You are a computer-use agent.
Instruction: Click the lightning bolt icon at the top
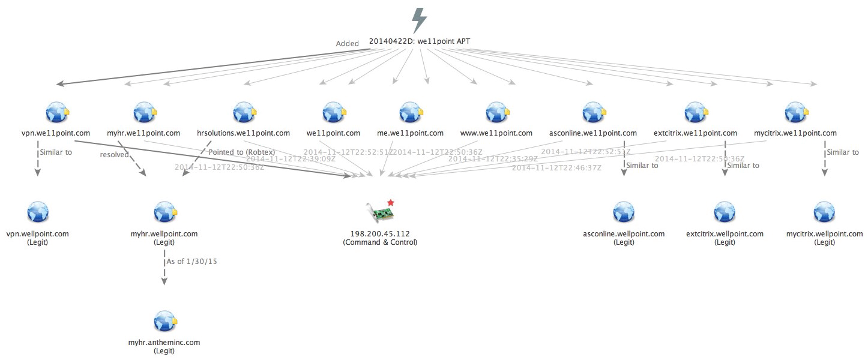pos(419,21)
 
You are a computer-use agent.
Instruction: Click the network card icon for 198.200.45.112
pos(379,213)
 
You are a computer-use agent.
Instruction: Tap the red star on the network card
pos(391,203)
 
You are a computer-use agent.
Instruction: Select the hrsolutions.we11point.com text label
pos(243,133)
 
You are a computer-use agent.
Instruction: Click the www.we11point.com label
pos(496,133)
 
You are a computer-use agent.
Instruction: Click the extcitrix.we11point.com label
pos(695,133)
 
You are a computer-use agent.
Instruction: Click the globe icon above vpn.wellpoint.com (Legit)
pos(37,212)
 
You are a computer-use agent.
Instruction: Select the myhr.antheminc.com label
pos(164,342)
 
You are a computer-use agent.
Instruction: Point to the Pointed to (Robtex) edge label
pos(241,152)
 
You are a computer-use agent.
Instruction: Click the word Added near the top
pos(347,43)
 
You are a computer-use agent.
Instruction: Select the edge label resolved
pos(115,155)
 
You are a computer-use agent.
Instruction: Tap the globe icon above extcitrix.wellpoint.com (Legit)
pos(724,212)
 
